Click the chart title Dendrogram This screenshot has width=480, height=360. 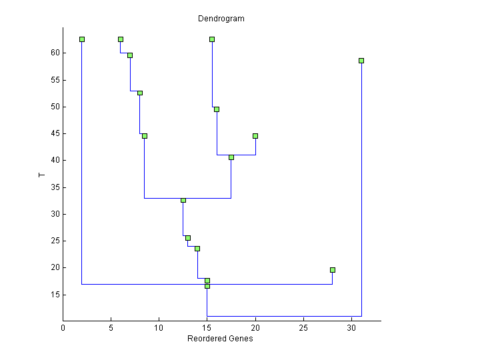click(221, 19)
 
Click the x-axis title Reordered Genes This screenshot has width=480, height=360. click(220, 339)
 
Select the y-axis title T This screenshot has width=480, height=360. click(41, 175)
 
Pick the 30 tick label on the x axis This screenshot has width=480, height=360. click(352, 328)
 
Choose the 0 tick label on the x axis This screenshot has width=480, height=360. click(63, 328)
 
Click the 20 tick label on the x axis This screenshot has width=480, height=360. click(255, 328)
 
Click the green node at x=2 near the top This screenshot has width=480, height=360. click(82, 39)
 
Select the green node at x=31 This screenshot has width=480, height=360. click(361, 61)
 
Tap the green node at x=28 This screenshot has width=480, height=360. click(333, 270)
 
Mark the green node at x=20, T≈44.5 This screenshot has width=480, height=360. click(255, 136)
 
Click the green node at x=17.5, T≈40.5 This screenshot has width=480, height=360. click(231, 157)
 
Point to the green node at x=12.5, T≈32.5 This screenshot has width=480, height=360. click(183, 200)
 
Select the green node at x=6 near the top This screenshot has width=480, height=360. click(121, 39)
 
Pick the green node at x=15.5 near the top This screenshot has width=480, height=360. click(212, 39)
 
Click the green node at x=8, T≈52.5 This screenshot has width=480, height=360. click(140, 93)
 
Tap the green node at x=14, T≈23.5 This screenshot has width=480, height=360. click(197, 249)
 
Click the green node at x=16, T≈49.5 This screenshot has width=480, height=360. click(217, 109)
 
